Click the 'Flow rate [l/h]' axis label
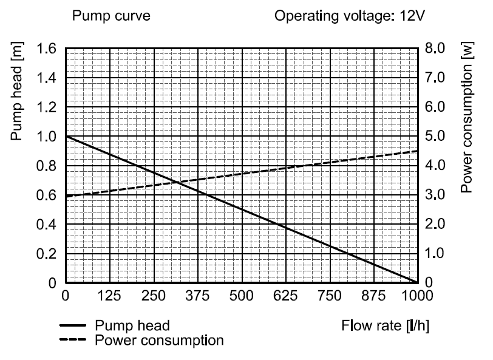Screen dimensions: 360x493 coord(386,325)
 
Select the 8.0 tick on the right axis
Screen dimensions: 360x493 coord(436,49)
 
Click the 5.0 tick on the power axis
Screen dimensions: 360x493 coord(436,137)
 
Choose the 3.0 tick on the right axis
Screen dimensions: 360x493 coord(436,195)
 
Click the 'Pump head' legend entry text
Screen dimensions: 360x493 coord(132,326)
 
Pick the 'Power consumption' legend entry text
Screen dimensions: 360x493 coord(159,340)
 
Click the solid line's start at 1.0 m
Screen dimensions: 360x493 coord(66,137)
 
